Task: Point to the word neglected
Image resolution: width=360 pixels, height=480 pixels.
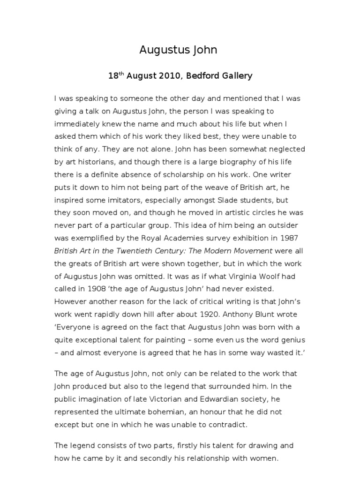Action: [x=285, y=149]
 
